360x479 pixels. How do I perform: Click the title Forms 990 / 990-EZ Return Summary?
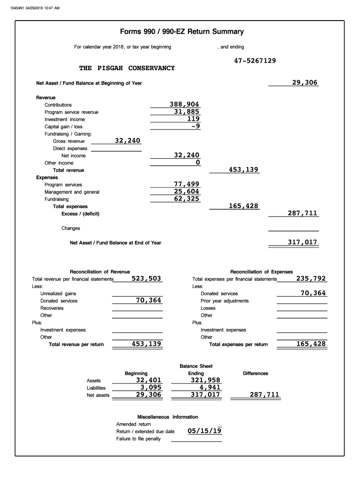point(182,32)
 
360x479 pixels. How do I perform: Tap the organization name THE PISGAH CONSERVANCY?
point(127,68)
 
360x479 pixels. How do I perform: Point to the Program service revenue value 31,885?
point(187,112)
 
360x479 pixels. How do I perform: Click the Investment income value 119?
point(192,119)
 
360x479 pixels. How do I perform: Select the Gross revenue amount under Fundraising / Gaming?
point(128,141)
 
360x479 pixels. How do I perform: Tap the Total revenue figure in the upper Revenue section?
point(243,169)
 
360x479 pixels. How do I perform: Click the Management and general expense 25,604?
point(187,192)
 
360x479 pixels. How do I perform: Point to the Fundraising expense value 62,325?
point(187,199)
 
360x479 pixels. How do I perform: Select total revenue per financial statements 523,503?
point(146,279)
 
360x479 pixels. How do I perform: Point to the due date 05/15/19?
point(204,431)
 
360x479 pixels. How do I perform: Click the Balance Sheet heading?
point(196,366)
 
